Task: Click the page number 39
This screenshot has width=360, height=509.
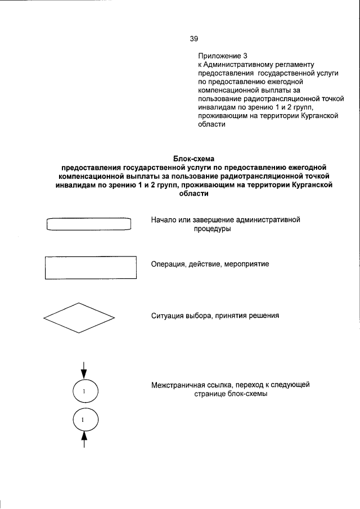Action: coord(194,39)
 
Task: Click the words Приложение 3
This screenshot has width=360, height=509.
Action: coord(223,56)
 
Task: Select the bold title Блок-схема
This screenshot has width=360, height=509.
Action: coord(193,159)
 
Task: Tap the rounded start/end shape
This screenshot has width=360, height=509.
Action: coord(88,224)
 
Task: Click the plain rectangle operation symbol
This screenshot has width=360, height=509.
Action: coord(91,267)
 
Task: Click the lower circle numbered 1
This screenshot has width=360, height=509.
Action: coord(84,420)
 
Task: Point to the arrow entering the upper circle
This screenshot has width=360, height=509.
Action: coord(84,370)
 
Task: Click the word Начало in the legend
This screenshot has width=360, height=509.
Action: coord(165,220)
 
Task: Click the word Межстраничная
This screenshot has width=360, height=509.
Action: coord(182,385)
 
